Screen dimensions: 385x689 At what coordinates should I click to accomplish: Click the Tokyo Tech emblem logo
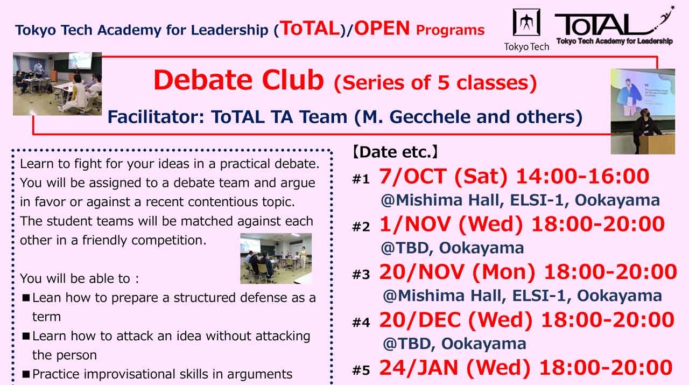tap(526, 23)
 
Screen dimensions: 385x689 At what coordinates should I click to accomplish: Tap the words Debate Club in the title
tap(238, 80)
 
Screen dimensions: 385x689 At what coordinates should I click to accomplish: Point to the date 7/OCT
tap(414, 176)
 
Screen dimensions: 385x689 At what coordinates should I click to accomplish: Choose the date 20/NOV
tap(421, 272)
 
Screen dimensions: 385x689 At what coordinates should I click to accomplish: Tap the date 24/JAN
tap(419, 368)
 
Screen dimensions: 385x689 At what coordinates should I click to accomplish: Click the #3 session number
tap(361, 275)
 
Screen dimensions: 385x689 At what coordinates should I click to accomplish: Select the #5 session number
tap(361, 370)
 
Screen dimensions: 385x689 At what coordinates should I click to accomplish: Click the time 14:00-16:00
tap(582, 176)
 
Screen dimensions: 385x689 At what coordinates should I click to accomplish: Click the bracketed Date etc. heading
tap(395, 152)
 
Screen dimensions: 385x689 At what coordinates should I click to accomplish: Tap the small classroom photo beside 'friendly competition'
tap(276, 258)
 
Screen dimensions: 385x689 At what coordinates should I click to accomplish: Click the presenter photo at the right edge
tap(642, 111)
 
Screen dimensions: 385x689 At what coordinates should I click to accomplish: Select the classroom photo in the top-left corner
tap(57, 83)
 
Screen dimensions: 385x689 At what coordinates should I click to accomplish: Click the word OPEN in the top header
tap(382, 29)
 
